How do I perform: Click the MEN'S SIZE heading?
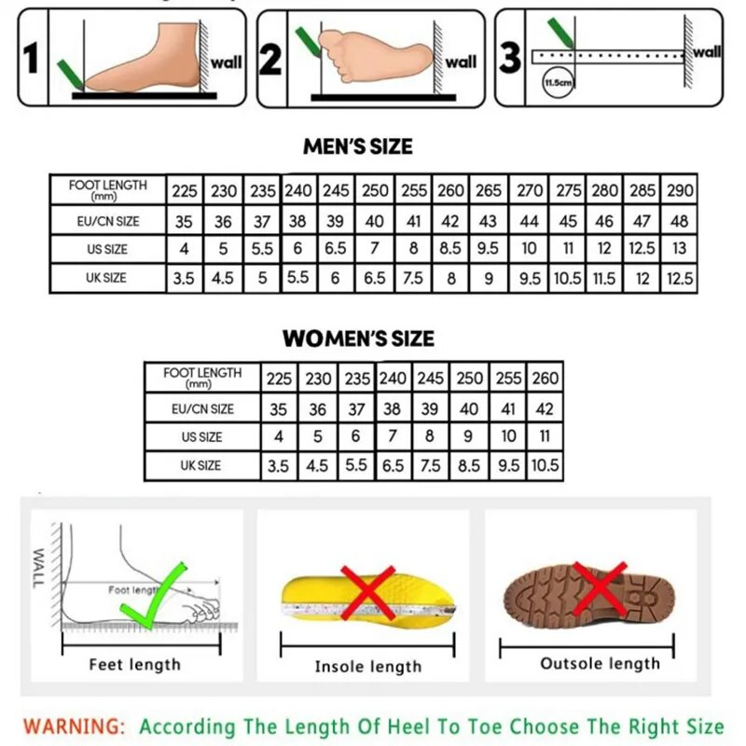358,146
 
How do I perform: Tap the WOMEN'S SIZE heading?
358,338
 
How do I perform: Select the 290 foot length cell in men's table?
680,190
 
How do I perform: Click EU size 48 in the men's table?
680,221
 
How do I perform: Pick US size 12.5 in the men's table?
642,248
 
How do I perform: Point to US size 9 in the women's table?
468,436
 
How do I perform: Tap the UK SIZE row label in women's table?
200,465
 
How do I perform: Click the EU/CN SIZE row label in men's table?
108,221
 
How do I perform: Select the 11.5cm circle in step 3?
558,82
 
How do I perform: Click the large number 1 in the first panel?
31,58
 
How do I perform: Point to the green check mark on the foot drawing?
154,597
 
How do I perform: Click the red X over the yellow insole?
367,592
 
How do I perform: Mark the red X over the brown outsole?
600,589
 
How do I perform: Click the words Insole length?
368,667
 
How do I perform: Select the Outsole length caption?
600,663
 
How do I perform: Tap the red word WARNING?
75,726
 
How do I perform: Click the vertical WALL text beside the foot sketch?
38,568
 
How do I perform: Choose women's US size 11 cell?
545,436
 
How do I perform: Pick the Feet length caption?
135,664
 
